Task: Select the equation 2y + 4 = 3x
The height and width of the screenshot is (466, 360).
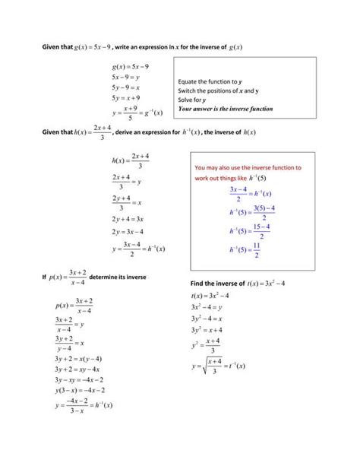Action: [x=130, y=219]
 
